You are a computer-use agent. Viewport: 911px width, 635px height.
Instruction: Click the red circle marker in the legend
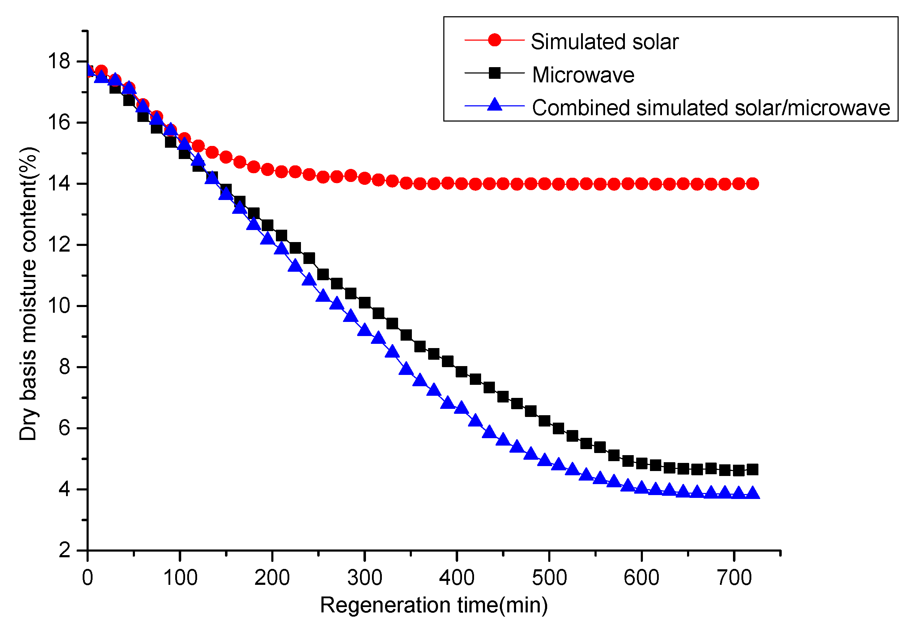click(495, 40)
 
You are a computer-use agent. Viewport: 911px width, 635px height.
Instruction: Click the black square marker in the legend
click(495, 73)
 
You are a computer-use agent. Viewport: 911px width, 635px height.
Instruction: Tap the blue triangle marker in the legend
click(495, 105)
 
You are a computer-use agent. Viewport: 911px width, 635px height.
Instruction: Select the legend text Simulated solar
click(604, 42)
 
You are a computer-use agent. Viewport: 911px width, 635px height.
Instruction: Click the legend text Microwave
click(583, 75)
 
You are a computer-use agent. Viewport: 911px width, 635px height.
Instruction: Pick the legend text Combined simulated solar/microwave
click(711, 108)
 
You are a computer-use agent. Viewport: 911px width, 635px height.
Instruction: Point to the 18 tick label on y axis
click(58, 61)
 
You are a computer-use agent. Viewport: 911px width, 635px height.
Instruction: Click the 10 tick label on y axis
click(58, 306)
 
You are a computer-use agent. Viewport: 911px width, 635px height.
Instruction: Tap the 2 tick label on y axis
click(64, 551)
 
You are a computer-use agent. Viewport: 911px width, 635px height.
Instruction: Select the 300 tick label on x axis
click(365, 578)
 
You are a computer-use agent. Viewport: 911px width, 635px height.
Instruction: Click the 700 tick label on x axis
click(734, 578)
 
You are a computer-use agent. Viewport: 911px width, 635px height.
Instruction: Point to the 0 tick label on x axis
click(87, 578)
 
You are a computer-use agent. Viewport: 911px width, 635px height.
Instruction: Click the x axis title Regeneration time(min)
click(434, 606)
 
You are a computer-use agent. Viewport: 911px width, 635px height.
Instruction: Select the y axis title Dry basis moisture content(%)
click(28, 294)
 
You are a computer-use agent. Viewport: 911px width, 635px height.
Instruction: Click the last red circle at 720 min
click(752, 184)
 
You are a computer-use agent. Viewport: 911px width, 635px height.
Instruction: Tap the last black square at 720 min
click(752, 470)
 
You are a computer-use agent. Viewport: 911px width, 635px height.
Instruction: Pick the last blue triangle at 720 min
click(752, 493)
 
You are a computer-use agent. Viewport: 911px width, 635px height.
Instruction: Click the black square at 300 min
click(365, 303)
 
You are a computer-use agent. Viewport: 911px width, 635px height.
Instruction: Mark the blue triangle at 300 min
click(364, 330)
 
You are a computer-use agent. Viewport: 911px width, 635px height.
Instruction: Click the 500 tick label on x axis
click(549, 578)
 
